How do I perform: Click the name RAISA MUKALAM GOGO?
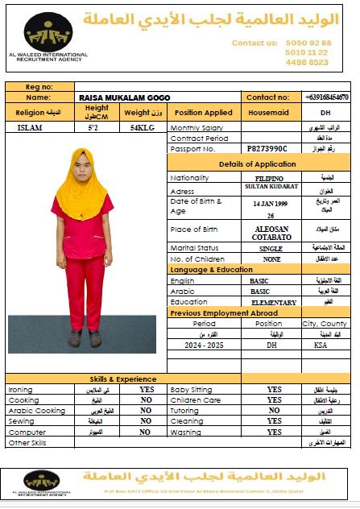pyautogui.click(x=118, y=97)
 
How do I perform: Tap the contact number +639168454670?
pyautogui.click(x=326, y=97)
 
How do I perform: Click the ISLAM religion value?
pyautogui.click(x=31, y=127)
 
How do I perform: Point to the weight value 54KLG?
pyautogui.click(x=143, y=127)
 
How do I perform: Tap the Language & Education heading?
pyautogui.click(x=211, y=269)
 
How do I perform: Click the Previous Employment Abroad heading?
pyautogui.click(x=224, y=312)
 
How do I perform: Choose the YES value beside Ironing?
pyautogui.click(x=147, y=389)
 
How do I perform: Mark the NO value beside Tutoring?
pyautogui.click(x=274, y=410)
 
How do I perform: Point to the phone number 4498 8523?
pyautogui.click(x=307, y=62)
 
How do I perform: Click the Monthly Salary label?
pyautogui.click(x=197, y=128)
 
